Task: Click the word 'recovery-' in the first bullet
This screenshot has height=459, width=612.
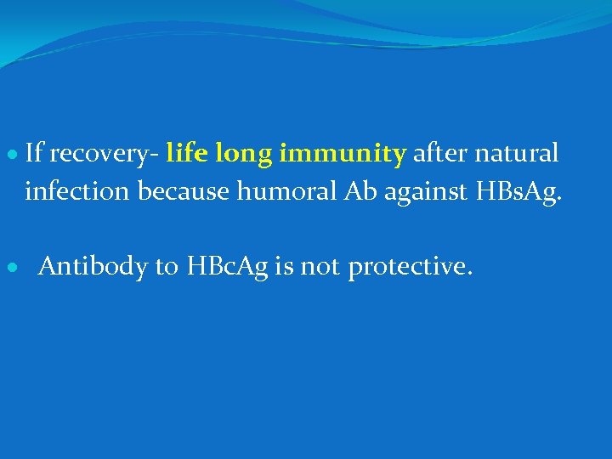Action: (x=105, y=155)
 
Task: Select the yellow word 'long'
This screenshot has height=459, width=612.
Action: (x=244, y=155)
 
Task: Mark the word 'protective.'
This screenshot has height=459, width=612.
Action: (x=409, y=268)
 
